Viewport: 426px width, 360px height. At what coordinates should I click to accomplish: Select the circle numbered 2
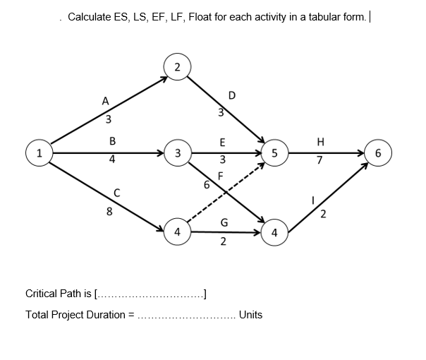[177, 67]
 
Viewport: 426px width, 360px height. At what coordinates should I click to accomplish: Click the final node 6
[379, 152]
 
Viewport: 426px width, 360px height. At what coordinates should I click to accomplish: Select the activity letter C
[118, 191]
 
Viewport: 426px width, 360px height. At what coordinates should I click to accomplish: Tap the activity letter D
[232, 95]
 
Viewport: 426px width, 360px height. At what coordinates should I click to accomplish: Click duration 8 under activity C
[109, 210]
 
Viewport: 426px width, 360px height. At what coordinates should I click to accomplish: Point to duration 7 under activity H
[320, 161]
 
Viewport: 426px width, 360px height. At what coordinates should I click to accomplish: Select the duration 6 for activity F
[206, 185]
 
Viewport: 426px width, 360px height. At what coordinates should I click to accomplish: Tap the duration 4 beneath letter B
[112, 160]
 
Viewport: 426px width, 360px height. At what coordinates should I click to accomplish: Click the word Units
[250, 315]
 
